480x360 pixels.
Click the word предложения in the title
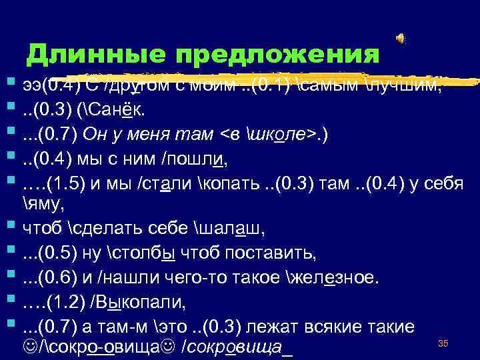(x=276, y=54)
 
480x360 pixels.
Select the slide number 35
(x=442, y=343)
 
